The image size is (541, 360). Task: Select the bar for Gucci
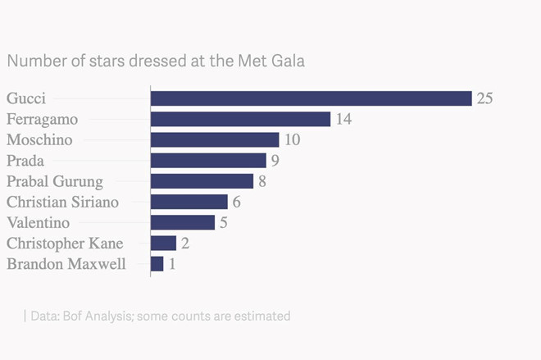tap(311, 98)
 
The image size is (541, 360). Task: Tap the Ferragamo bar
tap(240, 119)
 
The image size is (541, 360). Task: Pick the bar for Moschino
tap(215, 139)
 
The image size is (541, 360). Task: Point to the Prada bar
tap(208, 160)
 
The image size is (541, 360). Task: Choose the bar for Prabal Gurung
tap(202, 180)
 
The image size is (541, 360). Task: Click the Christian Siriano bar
tap(189, 202)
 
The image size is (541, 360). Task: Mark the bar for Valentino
tap(182, 222)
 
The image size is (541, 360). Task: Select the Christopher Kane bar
tap(163, 243)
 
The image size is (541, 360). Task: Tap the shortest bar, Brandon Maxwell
tap(157, 263)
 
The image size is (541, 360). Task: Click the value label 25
tap(484, 98)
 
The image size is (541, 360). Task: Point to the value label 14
tap(343, 120)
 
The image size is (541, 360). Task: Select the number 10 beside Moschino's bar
tap(292, 140)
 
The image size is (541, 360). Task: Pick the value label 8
tap(262, 181)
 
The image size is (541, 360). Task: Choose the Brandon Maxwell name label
tap(66, 264)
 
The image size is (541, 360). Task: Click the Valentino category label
tap(38, 222)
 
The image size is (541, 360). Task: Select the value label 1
tap(172, 264)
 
